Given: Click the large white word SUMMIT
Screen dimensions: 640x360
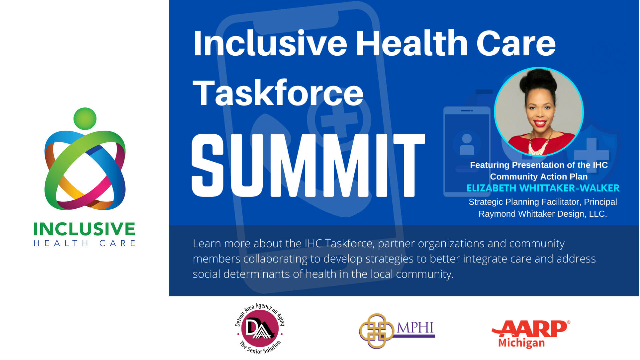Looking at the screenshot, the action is tap(308, 165).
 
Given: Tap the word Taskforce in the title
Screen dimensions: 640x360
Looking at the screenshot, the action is tap(278, 93).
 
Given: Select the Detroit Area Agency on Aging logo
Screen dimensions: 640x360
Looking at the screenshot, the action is tap(260, 329).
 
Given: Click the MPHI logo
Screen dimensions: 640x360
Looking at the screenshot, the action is tap(397, 331).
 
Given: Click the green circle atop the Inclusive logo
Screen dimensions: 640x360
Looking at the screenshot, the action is tap(85, 119).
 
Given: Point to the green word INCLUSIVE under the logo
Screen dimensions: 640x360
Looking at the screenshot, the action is tap(84, 229).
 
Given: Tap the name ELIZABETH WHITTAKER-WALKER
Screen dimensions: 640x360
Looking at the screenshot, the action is tap(543, 188).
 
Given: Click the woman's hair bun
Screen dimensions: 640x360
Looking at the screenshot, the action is tap(539, 79).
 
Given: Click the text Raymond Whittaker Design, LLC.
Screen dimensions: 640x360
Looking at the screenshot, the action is tap(543, 214).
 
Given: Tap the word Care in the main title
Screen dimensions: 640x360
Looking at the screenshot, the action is tap(516, 43).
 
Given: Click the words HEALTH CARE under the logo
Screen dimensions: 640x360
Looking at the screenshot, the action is tap(84, 243).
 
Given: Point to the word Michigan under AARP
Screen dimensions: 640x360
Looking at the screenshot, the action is tap(521, 343).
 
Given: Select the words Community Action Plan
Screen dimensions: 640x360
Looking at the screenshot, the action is tap(539, 177).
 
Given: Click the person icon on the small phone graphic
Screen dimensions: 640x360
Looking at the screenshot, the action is tap(467, 144).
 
